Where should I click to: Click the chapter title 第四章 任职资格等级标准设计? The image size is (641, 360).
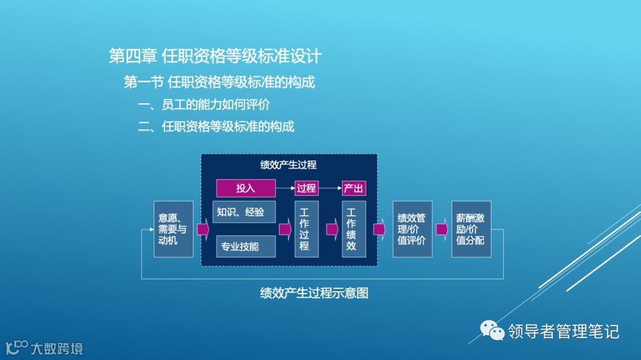(215, 56)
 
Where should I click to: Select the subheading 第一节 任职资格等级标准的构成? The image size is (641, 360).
(219, 82)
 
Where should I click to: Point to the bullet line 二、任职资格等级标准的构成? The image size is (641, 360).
(216, 126)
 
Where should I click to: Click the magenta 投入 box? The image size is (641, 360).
(246, 188)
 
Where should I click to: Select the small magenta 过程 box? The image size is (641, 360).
(306, 188)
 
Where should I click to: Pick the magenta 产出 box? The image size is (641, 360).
(353, 188)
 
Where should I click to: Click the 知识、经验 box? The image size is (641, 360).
(244, 212)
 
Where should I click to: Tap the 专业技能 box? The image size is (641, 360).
(244, 246)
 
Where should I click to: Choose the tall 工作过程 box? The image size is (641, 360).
(306, 229)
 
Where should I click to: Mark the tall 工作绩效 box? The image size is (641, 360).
(353, 229)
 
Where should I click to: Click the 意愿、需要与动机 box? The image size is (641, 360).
(173, 229)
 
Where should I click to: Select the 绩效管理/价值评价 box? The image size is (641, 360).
(412, 229)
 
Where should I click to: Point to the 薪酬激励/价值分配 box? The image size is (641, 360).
(471, 229)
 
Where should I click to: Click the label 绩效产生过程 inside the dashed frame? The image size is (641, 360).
(288, 165)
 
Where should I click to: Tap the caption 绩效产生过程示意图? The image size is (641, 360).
(314, 293)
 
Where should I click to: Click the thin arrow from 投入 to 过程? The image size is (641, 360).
(285, 188)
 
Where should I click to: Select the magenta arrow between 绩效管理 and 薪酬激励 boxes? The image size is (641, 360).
(442, 230)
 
